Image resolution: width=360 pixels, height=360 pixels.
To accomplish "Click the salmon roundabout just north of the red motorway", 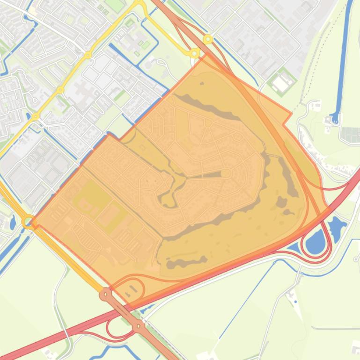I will click(106, 294).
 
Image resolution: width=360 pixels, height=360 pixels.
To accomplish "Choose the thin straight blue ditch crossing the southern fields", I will click(243, 299).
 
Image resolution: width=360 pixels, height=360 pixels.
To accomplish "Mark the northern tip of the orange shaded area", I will click(206, 55).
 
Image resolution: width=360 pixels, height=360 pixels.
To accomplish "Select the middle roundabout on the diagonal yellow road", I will click(60, 89).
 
